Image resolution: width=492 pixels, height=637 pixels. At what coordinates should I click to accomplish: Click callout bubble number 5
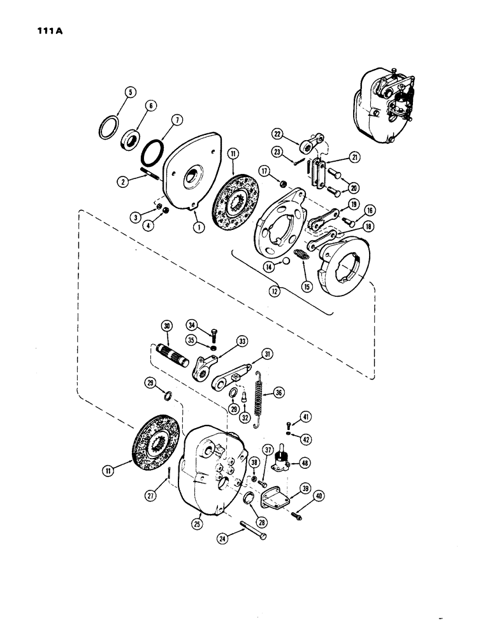129,93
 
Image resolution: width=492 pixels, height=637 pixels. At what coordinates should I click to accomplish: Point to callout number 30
168,326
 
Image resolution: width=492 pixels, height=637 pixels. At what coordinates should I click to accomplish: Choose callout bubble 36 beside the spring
279,392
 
